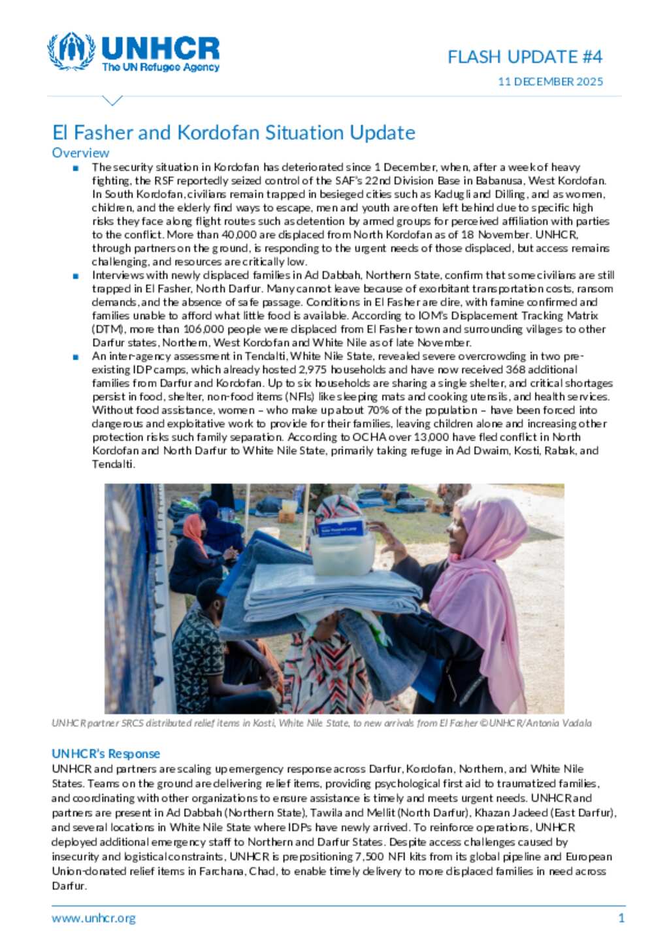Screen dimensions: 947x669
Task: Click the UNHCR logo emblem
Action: pos(71,52)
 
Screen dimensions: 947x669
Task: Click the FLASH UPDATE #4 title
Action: pos(525,57)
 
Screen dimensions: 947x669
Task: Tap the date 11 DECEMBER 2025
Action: pos(550,82)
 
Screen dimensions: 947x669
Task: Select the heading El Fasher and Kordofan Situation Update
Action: pos(233,133)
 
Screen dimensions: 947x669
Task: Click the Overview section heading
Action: pos(80,153)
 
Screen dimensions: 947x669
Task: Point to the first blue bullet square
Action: pos(76,168)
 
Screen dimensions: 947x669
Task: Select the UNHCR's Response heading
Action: pos(106,754)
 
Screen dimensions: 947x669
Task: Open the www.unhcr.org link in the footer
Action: pos(94,918)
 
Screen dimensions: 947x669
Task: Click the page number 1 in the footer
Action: pos(621,918)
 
